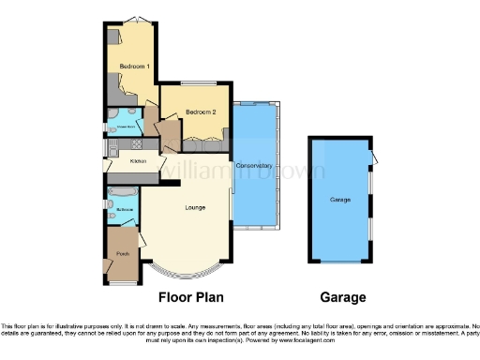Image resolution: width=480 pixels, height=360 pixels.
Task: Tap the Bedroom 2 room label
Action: [x=201, y=112]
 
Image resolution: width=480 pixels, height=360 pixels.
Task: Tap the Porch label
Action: [x=123, y=254]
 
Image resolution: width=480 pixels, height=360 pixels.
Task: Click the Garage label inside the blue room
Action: [x=339, y=201]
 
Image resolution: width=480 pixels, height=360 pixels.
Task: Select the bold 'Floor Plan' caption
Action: [x=188, y=298]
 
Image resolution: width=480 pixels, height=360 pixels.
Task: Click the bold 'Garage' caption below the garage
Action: [x=343, y=298]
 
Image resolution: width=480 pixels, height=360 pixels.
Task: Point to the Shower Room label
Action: [x=120, y=131]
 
